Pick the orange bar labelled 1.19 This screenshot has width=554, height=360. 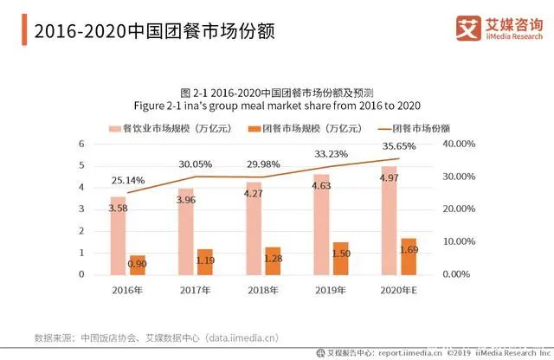[204, 261]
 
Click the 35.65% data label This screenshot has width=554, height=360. [398, 146]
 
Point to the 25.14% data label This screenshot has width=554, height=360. [128, 179]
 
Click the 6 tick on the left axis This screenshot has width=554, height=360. [81, 144]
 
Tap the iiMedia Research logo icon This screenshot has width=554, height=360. [468, 29]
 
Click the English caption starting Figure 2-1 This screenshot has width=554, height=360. [277, 106]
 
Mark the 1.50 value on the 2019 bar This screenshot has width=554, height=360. [341, 252]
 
